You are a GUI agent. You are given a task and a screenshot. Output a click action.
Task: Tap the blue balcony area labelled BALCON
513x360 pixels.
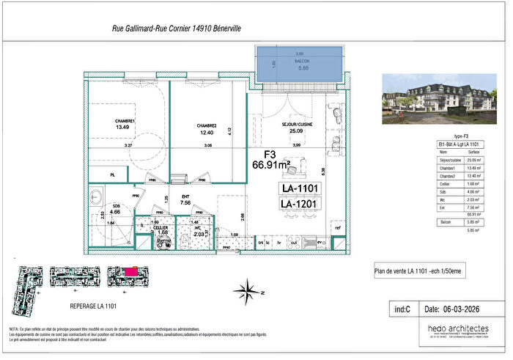[x=298, y=65]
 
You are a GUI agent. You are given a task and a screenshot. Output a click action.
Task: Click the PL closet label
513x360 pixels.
[x=112, y=176]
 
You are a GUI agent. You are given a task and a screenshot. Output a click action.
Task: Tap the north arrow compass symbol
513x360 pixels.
[x=248, y=290]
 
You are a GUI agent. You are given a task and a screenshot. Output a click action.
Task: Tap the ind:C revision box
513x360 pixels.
[x=402, y=309]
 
